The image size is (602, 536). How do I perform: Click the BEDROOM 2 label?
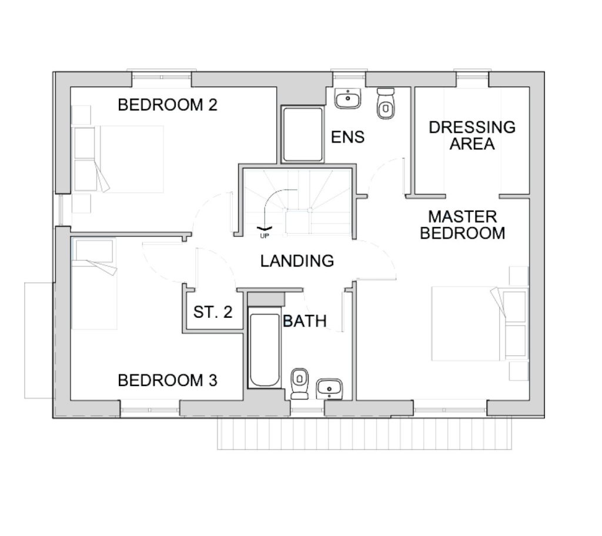point(168,105)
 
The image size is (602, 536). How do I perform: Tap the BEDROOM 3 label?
point(168,381)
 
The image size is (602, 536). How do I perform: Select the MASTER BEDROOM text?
point(462,225)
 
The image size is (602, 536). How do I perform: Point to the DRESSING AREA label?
point(472,135)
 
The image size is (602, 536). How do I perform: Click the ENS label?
point(347,137)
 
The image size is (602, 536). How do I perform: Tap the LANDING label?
point(297,261)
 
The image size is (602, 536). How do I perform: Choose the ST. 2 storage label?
point(213,312)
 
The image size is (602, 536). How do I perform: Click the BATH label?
point(305,321)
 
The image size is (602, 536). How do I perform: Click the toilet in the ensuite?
point(386,103)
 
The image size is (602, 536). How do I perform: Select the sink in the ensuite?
point(348,98)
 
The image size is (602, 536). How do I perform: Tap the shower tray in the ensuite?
point(303,135)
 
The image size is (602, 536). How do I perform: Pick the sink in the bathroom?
point(329,389)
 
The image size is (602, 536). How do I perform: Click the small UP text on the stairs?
point(265,236)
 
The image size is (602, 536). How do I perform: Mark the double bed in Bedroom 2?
point(118,159)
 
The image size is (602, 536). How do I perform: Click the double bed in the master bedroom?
point(480,324)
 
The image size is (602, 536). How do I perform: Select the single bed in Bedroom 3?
point(94,284)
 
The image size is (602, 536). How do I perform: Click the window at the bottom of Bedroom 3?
point(150,410)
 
